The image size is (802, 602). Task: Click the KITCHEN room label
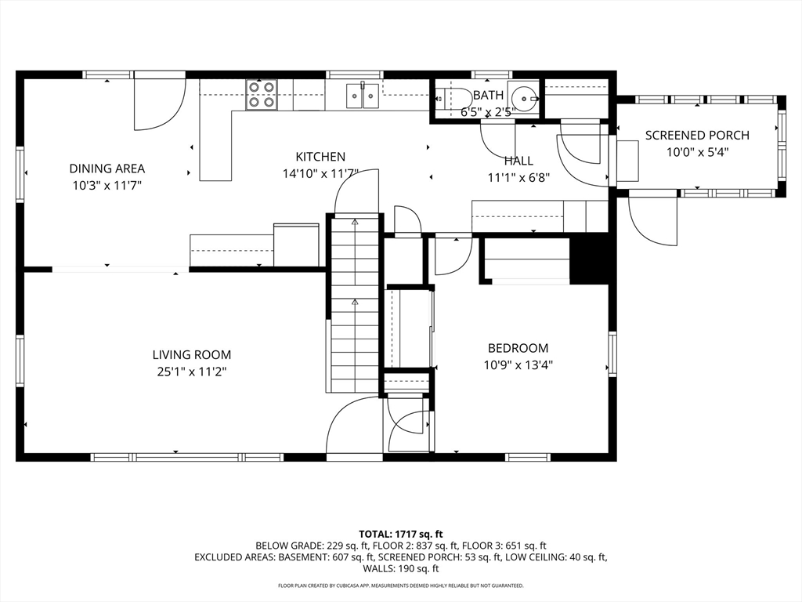point(320,157)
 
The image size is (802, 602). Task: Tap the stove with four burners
point(262,95)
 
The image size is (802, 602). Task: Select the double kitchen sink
point(363,95)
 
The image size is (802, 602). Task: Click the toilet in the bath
point(454,98)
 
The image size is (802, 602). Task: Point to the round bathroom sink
point(524,96)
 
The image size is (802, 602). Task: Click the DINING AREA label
point(107,169)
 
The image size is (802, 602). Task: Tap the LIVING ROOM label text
point(191,355)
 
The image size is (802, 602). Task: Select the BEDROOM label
point(518,348)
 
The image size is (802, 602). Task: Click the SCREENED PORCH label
point(697,135)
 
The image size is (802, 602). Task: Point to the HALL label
point(518,161)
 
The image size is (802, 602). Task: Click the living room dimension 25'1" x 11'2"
point(191,372)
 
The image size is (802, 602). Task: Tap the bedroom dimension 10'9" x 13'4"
point(518,365)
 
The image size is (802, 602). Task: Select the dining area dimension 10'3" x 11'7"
point(107,185)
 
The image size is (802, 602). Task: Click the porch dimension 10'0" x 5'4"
point(697,152)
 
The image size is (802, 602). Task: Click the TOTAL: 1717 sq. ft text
point(400,535)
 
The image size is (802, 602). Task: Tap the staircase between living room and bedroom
point(355,305)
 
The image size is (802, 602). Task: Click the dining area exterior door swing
point(158,103)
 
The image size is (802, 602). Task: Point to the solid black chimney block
point(588,260)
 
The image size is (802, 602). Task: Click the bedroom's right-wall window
point(612,354)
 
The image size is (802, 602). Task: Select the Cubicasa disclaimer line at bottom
point(400,586)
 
